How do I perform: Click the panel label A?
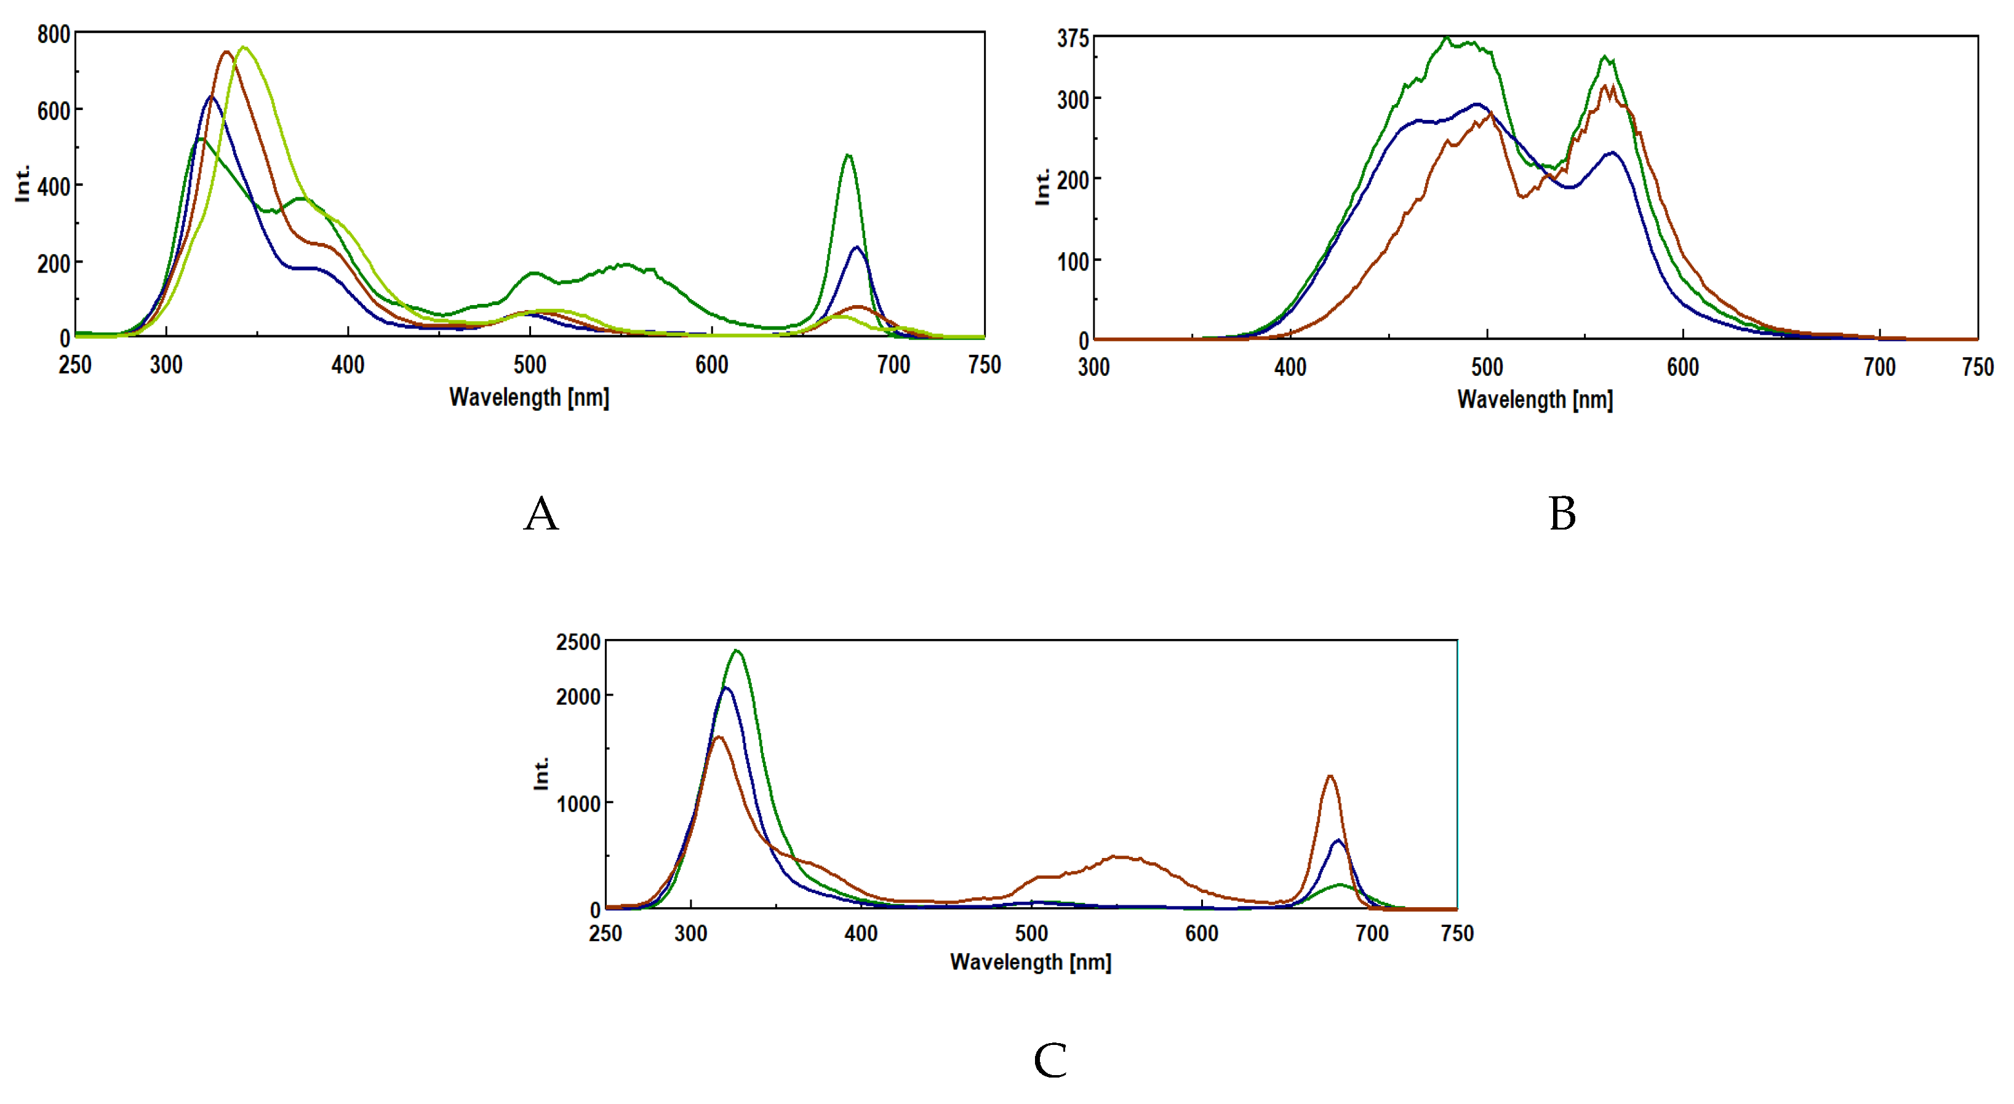tap(541, 514)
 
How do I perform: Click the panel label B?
tap(1562, 514)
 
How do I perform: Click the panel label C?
tap(1050, 1060)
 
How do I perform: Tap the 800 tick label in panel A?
tap(53, 34)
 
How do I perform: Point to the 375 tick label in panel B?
tap(1072, 38)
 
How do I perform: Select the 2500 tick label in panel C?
tap(578, 642)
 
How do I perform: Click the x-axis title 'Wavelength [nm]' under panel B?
tap(1535, 399)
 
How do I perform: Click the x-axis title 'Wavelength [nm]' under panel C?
tap(1031, 961)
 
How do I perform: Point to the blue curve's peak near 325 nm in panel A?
tap(210, 97)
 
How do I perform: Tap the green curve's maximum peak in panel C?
tap(737, 651)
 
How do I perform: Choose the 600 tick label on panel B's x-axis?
tap(1682, 367)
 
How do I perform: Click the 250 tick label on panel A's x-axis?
tap(75, 365)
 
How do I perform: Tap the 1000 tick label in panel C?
tap(578, 803)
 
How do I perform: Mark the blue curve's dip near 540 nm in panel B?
tap(1569, 188)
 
